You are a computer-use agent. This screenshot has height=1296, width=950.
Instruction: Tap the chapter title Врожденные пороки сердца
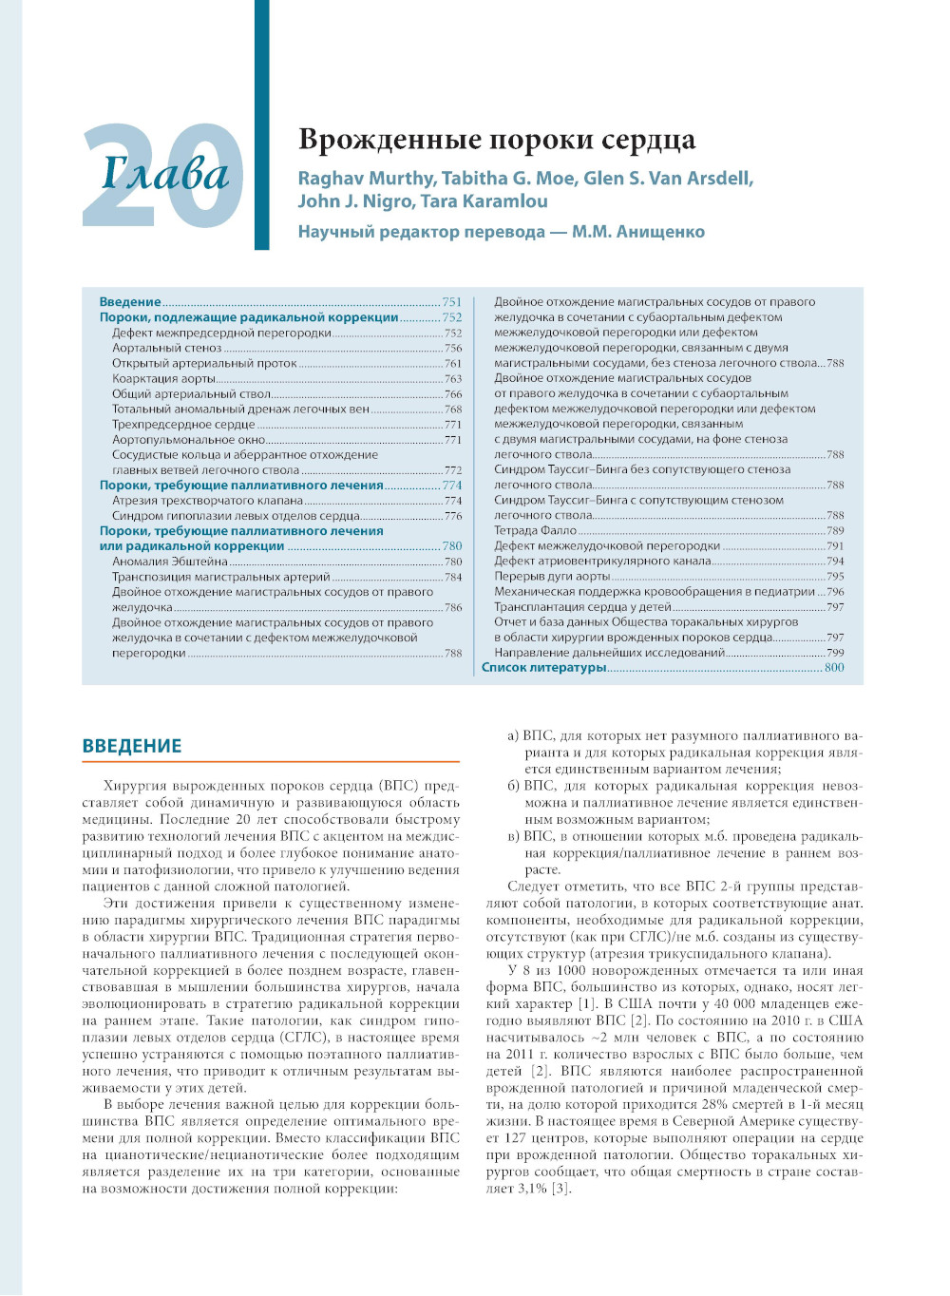click(497, 140)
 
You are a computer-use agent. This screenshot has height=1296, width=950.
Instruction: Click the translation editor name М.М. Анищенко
click(638, 232)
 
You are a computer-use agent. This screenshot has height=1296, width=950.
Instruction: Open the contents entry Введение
click(130, 302)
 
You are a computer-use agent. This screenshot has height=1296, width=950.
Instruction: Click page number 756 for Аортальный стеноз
click(453, 348)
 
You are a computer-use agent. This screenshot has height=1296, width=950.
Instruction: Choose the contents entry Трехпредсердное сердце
click(183, 424)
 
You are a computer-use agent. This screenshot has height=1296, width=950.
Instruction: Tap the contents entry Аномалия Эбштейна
click(170, 562)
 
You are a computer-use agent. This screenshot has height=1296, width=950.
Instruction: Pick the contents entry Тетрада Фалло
click(535, 530)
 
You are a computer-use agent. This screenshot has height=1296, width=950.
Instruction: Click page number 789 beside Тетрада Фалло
click(835, 530)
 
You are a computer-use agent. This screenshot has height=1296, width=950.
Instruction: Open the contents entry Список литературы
click(543, 668)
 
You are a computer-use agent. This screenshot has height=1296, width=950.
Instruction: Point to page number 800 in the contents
click(834, 668)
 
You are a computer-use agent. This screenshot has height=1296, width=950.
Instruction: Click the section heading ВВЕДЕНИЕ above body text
click(132, 746)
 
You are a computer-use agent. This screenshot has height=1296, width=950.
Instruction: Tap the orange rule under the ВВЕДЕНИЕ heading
click(271, 761)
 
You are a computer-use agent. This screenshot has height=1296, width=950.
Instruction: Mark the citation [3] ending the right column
click(561, 1189)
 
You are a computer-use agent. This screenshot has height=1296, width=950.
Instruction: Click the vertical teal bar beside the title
click(261, 124)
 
